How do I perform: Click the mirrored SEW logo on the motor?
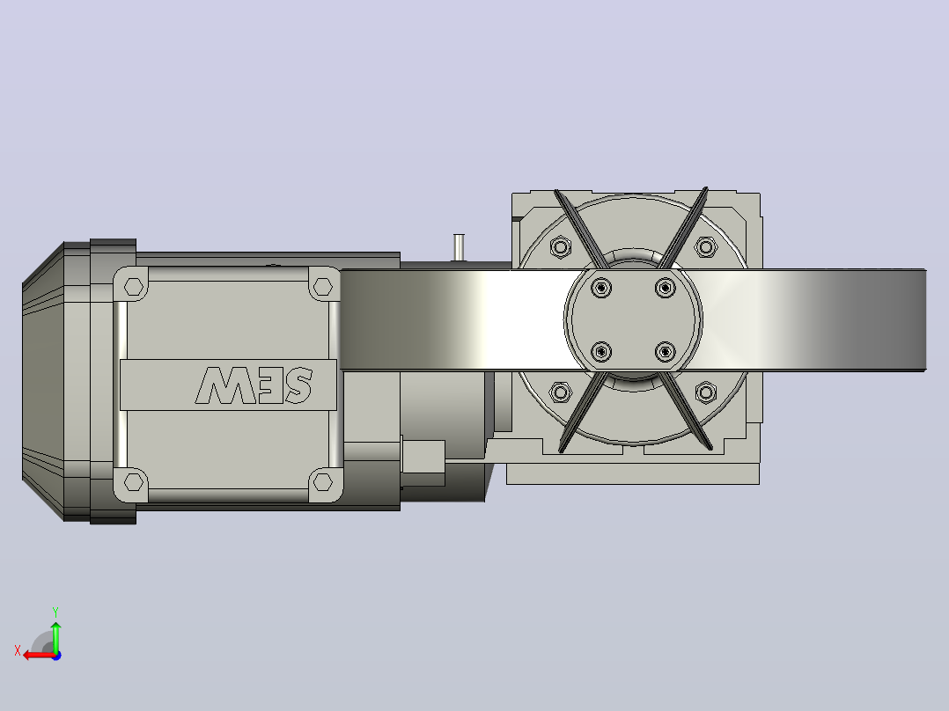254,385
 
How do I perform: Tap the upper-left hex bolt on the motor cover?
134,286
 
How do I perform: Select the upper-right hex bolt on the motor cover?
323,286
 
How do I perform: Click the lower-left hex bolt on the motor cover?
134,482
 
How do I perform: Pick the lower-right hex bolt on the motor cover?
323,482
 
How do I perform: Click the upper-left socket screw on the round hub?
601,288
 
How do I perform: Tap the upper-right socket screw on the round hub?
666,288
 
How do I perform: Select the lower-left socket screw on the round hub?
601,352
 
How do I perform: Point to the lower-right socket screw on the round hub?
666,352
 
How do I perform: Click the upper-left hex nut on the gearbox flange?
561,247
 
